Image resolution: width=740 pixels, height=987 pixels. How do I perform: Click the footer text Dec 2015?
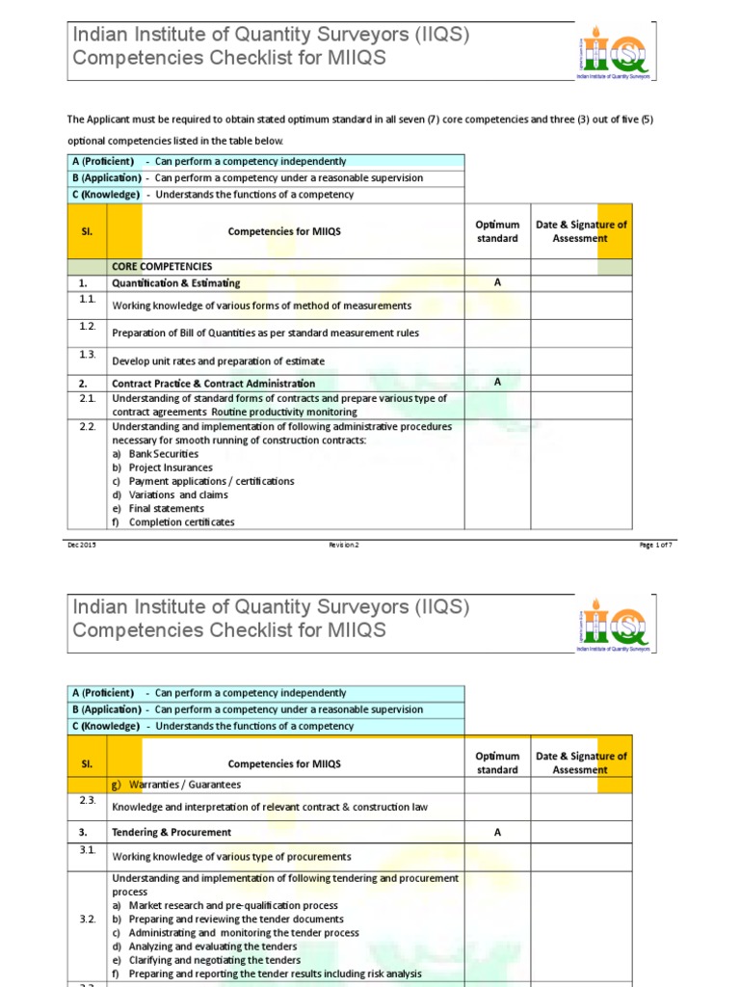[x=81, y=545]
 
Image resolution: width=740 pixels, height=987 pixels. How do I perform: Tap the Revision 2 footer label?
[x=343, y=545]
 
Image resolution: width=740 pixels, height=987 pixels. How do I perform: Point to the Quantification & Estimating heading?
[x=176, y=283]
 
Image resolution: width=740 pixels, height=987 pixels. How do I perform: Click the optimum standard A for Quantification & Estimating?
[x=497, y=282]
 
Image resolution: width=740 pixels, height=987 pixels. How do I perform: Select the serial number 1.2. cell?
[x=88, y=327]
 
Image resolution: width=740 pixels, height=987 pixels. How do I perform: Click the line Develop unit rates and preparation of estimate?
[x=219, y=361]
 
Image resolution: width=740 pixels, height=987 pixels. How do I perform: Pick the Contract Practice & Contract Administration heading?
[x=213, y=384]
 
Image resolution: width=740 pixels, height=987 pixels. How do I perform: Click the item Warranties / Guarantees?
[x=184, y=785]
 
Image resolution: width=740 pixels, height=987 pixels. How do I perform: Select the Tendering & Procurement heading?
[x=172, y=832]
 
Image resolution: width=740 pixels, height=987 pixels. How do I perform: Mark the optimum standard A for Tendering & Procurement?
[x=497, y=832]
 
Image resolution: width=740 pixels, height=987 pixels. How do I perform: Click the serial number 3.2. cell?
[x=88, y=920]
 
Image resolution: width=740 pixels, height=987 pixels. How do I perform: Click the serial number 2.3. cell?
[x=88, y=800]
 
